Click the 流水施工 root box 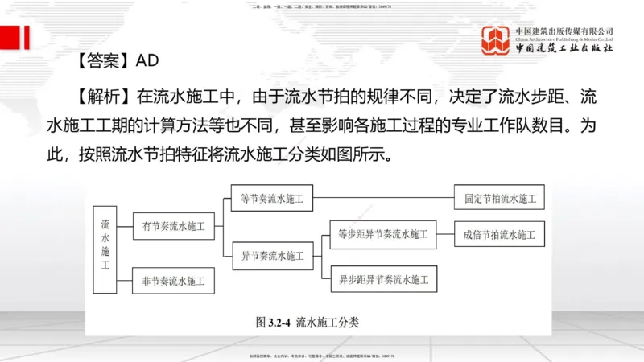click(x=105, y=239)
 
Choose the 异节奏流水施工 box click(x=273, y=257)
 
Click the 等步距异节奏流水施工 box click(x=383, y=234)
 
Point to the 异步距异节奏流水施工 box click(x=383, y=280)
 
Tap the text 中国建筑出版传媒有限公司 click(x=564, y=31)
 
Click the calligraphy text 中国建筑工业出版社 click(x=564, y=48)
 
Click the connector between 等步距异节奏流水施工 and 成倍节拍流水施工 click(x=445, y=234)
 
